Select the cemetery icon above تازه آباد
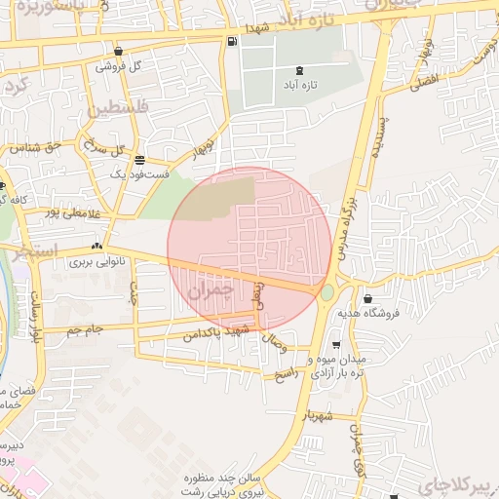[x=298, y=70]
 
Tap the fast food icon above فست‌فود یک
[x=141, y=159]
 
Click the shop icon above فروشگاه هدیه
[x=367, y=298]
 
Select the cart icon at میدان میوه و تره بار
[x=336, y=344]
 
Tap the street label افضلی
[x=425, y=85]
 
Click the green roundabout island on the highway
[x=327, y=292]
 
